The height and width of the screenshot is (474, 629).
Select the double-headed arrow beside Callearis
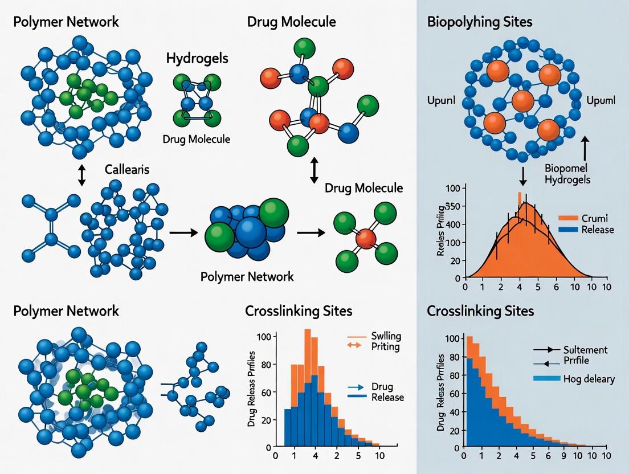pos(81,174)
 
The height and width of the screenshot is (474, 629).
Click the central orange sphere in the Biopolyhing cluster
pos(522,101)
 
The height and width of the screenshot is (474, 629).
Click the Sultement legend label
pos(585,349)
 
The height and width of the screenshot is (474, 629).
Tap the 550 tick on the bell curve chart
pos(454,207)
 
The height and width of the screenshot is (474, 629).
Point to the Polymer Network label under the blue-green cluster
pos(247,277)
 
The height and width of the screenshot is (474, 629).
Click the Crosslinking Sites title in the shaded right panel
pos(480,311)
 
